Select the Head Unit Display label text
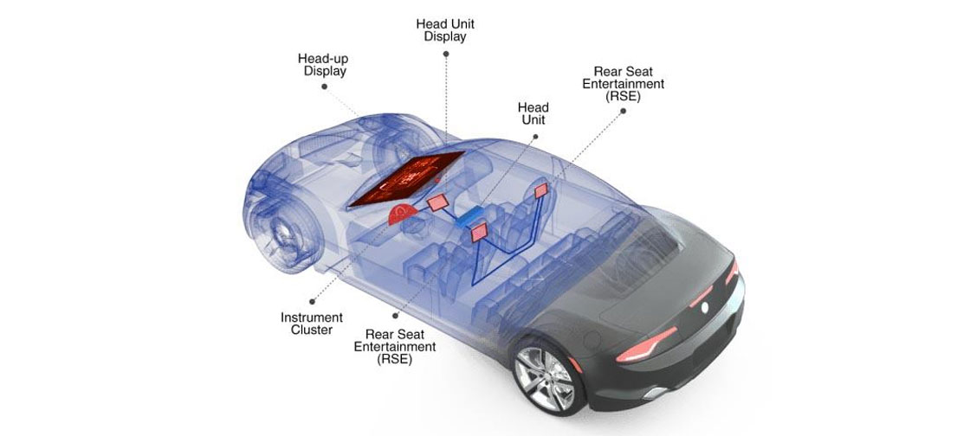pos(446,29)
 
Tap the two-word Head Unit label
pos(533,113)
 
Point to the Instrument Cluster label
pos(312,324)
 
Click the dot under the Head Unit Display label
pos(446,53)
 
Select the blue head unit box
pos(473,216)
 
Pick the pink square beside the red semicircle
pos(436,203)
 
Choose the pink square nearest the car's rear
pos(542,189)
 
